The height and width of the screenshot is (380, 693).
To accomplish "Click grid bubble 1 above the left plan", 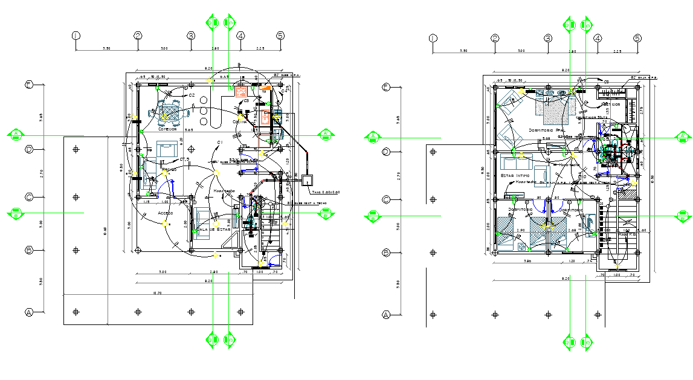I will tap(76, 36).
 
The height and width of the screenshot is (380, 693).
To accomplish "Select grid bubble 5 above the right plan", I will tap(637, 38).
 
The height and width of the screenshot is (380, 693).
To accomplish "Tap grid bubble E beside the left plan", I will tap(28, 85).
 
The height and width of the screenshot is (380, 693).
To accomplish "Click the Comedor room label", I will tap(167, 129).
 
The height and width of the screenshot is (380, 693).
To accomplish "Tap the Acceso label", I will tap(165, 213).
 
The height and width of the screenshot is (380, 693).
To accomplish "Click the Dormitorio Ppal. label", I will tap(546, 130).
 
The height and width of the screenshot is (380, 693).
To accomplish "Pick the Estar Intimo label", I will tap(515, 175).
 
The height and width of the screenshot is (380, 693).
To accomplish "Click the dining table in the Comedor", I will tap(170, 112).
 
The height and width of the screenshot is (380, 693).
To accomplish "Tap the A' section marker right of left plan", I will tap(326, 134).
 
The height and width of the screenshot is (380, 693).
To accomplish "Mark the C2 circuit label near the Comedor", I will tap(191, 95).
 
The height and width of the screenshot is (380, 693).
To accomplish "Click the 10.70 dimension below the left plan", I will tap(158, 292).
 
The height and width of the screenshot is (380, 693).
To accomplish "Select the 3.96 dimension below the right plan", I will tap(526, 262).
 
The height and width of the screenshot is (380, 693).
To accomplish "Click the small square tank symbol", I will tap(308, 179).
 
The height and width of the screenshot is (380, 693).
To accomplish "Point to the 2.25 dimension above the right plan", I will tap(617, 51).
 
